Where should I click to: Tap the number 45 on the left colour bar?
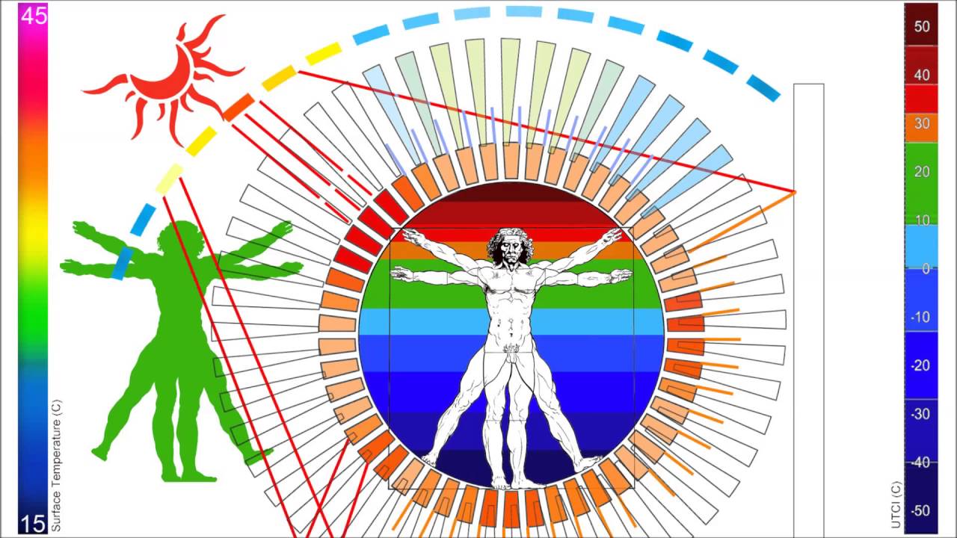(34, 16)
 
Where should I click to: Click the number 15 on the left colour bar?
(33, 524)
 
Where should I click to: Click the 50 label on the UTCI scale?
(922, 27)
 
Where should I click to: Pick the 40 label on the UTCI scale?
(922, 75)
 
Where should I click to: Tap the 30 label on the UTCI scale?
(922, 123)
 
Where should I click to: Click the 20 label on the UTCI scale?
(922, 172)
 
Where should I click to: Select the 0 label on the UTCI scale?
(926, 268)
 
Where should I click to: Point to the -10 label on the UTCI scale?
(920, 317)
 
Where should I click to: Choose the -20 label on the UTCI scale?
(920, 365)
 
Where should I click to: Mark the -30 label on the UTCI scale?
(920, 414)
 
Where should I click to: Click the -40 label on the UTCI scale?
(920, 463)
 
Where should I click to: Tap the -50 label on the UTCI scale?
(920, 511)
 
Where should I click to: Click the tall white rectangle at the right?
(808, 299)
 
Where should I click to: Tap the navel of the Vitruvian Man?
(511, 322)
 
